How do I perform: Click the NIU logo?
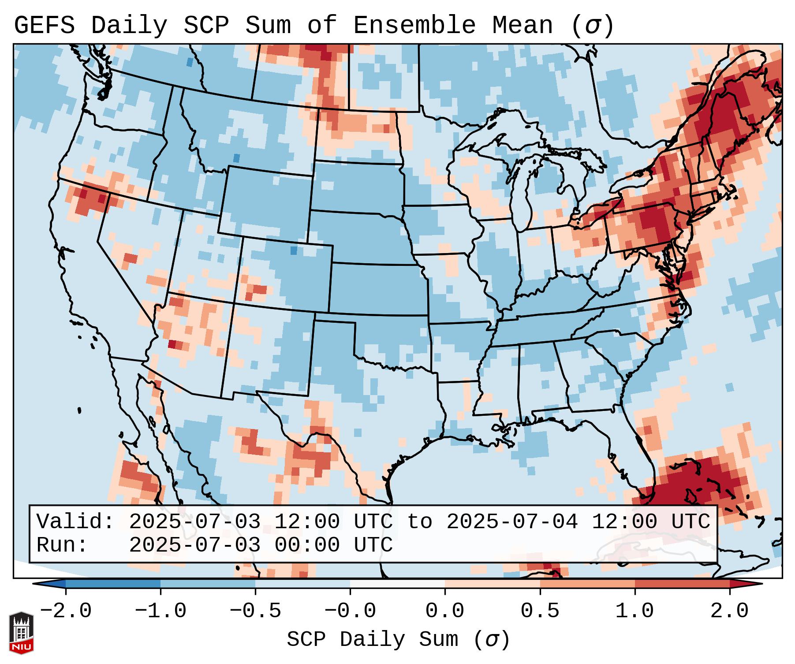(x=21, y=633)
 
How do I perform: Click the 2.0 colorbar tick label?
(x=730, y=611)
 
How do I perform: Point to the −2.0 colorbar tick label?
(x=66, y=611)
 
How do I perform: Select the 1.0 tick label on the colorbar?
(x=635, y=611)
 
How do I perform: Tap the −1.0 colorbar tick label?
(x=160, y=611)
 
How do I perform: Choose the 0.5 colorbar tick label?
(x=540, y=611)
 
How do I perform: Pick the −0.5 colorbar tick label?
(x=255, y=611)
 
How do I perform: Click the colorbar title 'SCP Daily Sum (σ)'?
(x=398, y=640)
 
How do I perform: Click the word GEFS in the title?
(x=44, y=26)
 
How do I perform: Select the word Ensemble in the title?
(x=414, y=26)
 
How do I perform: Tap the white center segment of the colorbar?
(x=397, y=584)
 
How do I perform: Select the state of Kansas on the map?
(x=377, y=289)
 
